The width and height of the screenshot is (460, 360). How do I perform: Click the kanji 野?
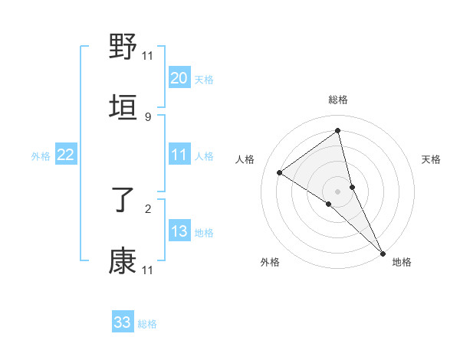point(123,47)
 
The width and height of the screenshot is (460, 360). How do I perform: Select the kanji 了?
point(123,201)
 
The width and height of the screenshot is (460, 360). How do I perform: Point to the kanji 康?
point(123,261)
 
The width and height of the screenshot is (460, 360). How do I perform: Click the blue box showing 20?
point(179,78)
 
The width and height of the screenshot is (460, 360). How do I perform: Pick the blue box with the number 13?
point(179,231)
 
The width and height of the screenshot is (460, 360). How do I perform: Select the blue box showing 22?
point(65,155)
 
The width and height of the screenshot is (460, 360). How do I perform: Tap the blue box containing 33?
point(123,322)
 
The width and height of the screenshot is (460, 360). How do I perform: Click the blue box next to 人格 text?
point(179,155)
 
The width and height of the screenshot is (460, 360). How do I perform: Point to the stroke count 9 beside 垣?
point(148,116)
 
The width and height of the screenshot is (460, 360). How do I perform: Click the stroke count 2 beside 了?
point(148,208)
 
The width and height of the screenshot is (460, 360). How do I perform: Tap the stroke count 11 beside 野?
point(148,55)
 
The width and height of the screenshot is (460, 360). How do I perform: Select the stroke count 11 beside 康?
point(148,270)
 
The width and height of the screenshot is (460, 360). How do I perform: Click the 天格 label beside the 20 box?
point(204,80)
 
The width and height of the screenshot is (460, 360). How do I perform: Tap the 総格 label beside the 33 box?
point(147,324)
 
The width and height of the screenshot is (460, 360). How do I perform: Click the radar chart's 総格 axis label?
point(338,100)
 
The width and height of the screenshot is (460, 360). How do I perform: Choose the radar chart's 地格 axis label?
point(402,262)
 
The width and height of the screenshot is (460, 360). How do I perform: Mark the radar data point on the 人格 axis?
point(280,172)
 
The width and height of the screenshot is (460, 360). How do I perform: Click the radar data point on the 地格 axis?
point(383,253)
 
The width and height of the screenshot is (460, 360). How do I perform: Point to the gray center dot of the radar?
point(338,191)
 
